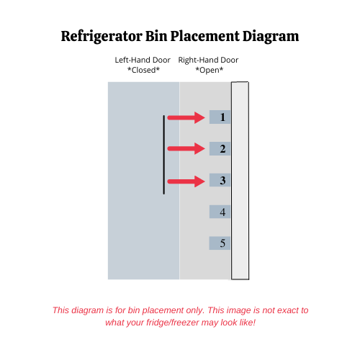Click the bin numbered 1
[220, 117]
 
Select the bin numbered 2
[220, 149]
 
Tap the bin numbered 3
[220, 180]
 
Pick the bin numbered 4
[220, 212]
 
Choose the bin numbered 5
[220, 243]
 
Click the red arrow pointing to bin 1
[186, 117]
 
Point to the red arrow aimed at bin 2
[186, 148]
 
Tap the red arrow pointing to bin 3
[186, 181]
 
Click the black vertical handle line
[164, 155]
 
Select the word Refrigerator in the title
[102, 37]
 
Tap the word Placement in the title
[205, 36]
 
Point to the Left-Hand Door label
[143, 60]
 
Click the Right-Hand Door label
[208, 60]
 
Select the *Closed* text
[143, 70]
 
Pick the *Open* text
[210, 70]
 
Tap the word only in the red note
[195, 310]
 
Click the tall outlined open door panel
[240, 181]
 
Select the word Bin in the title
[156, 36]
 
